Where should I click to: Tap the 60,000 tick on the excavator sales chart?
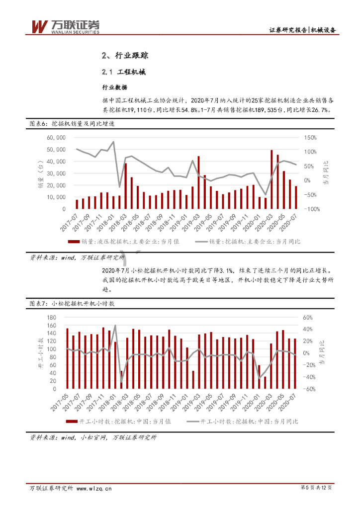click(x=56, y=137)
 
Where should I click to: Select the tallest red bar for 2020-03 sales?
click(x=271, y=179)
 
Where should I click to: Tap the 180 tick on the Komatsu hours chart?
click(x=52, y=318)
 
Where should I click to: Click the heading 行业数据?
click(x=114, y=87)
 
